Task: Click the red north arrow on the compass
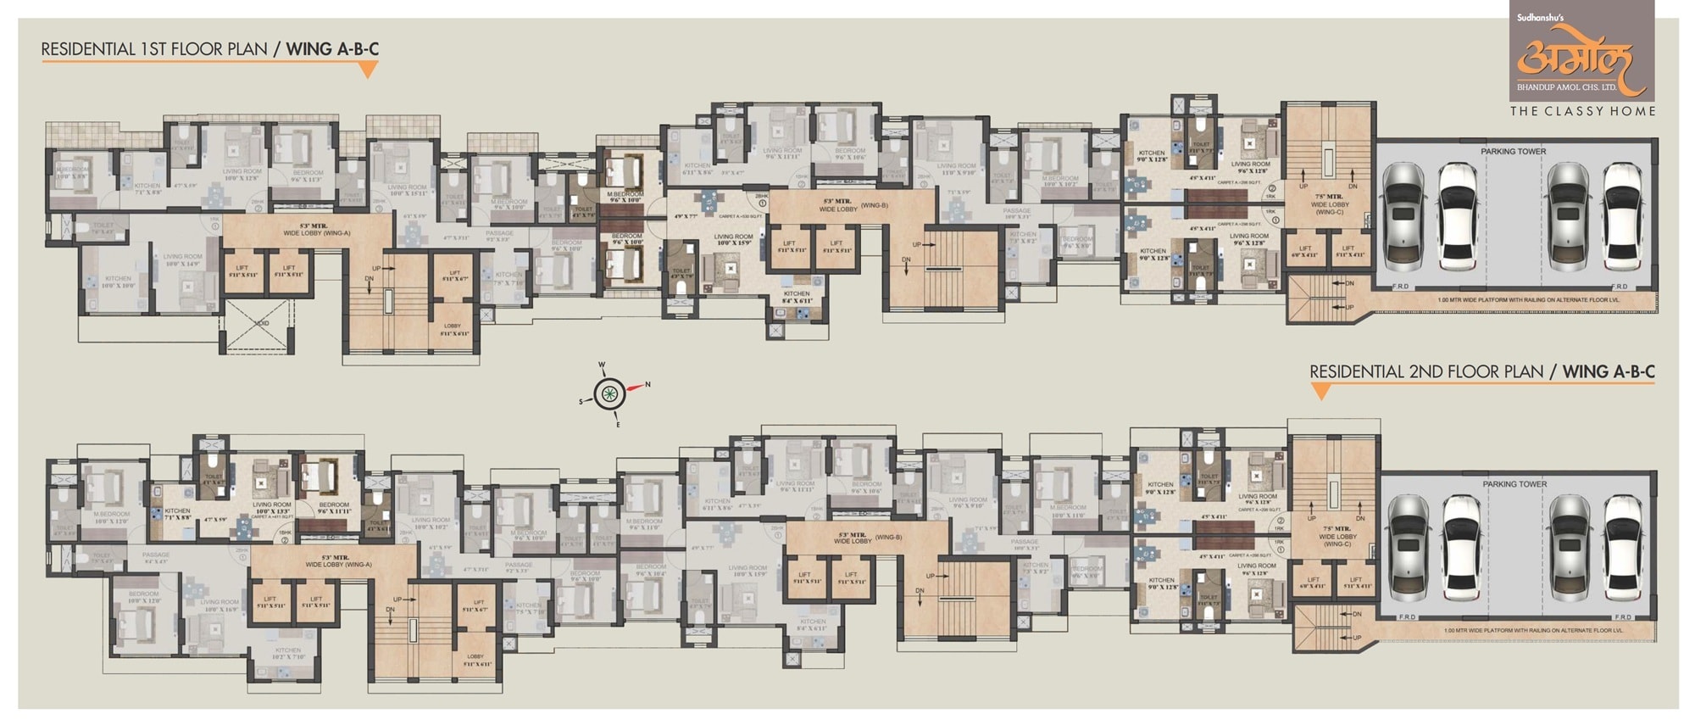tap(636, 388)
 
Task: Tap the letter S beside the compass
tap(581, 401)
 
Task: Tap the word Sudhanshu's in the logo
tap(1540, 17)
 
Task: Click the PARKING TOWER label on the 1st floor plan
tap(1513, 152)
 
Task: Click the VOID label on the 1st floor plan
tap(261, 322)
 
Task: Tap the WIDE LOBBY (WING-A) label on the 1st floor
tap(315, 230)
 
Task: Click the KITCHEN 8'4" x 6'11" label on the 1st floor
tap(797, 297)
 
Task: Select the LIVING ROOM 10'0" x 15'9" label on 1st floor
tap(733, 240)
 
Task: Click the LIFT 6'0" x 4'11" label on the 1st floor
tap(1304, 252)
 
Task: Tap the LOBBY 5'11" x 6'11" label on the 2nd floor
tap(475, 659)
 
